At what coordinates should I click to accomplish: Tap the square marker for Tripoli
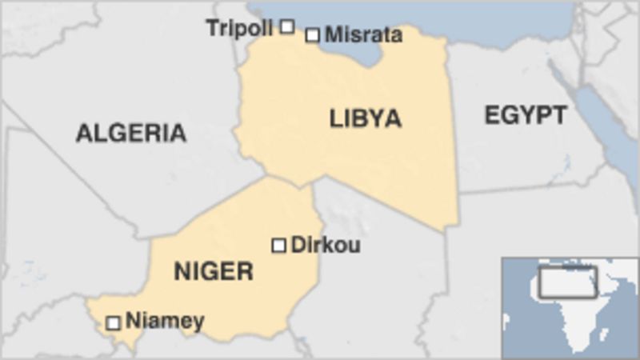[x=287, y=26]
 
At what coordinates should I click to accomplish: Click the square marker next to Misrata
[x=313, y=35]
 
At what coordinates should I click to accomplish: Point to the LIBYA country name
[x=366, y=119]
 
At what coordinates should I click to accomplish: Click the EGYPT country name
[x=525, y=115]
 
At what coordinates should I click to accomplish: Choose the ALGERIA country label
[x=131, y=133]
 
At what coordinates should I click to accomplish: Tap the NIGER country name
[x=214, y=271]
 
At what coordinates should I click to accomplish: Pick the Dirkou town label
[x=325, y=245]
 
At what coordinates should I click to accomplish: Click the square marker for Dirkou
[x=278, y=245]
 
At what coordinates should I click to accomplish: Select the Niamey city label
[x=165, y=322]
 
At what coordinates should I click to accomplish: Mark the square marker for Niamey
[x=114, y=322]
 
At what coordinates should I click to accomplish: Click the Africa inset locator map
[x=570, y=307]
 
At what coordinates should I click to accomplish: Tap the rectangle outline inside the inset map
[x=567, y=281]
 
